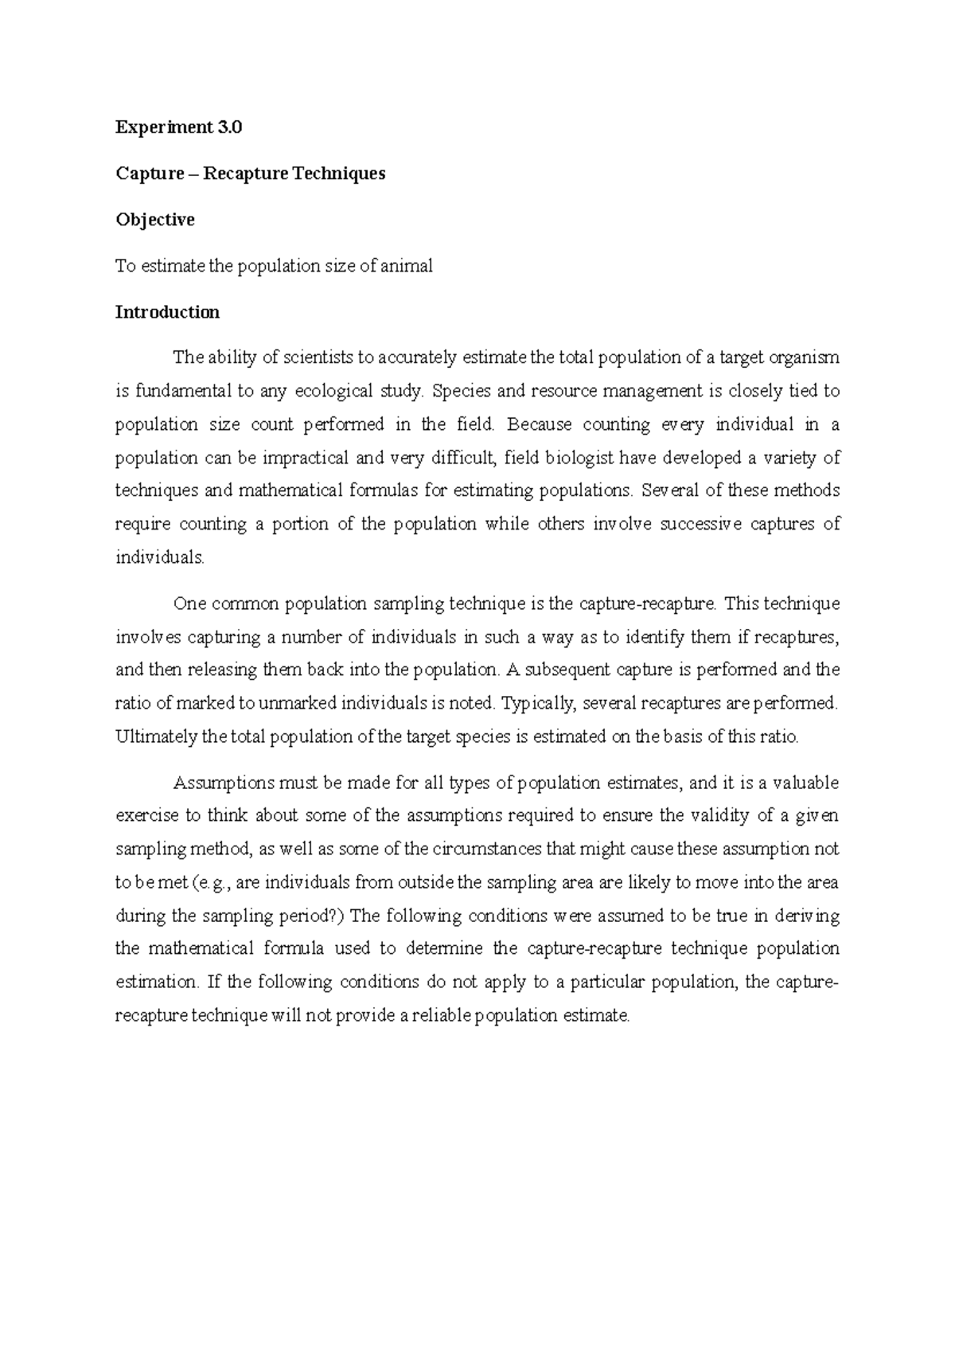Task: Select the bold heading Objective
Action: (155, 220)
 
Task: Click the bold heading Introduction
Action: (167, 312)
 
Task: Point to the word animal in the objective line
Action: (407, 266)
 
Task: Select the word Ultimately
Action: (157, 737)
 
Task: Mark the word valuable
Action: (804, 783)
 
